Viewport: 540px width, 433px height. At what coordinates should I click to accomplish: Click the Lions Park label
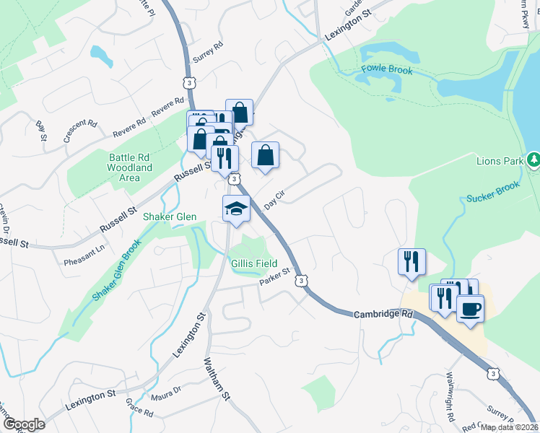(499, 160)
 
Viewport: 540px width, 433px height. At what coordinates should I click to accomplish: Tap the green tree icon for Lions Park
(534, 159)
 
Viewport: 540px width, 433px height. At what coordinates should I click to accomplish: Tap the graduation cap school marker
(236, 209)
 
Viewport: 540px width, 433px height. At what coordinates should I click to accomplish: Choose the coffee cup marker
(470, 308)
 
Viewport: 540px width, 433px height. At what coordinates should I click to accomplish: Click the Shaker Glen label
(170, 216)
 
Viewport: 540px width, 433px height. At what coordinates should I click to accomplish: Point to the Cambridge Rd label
(383, 315)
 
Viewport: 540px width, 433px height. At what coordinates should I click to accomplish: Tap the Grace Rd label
(139, 408)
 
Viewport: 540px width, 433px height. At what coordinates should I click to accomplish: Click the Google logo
(23, 424)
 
